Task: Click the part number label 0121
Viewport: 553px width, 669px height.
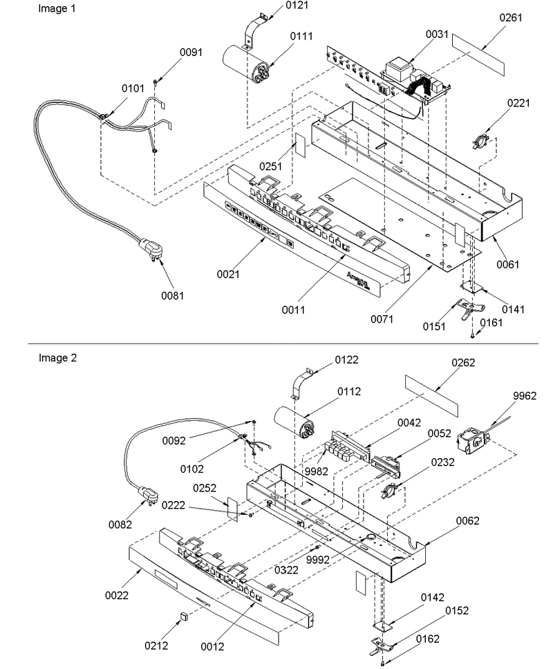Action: click(297, 5)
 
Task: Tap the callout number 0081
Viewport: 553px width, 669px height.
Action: click(172, 295)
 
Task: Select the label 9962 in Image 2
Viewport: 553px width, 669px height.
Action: click(525, 395)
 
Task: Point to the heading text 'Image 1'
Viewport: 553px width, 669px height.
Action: click(57, 8)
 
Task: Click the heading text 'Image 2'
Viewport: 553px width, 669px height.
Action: click(57, 357)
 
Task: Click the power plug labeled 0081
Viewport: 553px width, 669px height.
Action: click(150, 248)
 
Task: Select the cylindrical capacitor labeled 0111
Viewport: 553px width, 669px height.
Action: click(246, 64)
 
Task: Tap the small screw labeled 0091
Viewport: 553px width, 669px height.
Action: click(156, 82)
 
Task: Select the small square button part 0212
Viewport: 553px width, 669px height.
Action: click(184, 615)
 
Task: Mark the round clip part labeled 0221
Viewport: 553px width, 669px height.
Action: click(481, 141)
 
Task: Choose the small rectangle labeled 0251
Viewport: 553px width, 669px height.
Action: click(301, 144)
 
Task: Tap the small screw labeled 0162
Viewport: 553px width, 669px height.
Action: click(384, 663)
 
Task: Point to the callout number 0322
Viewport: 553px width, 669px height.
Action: click(286, 570)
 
